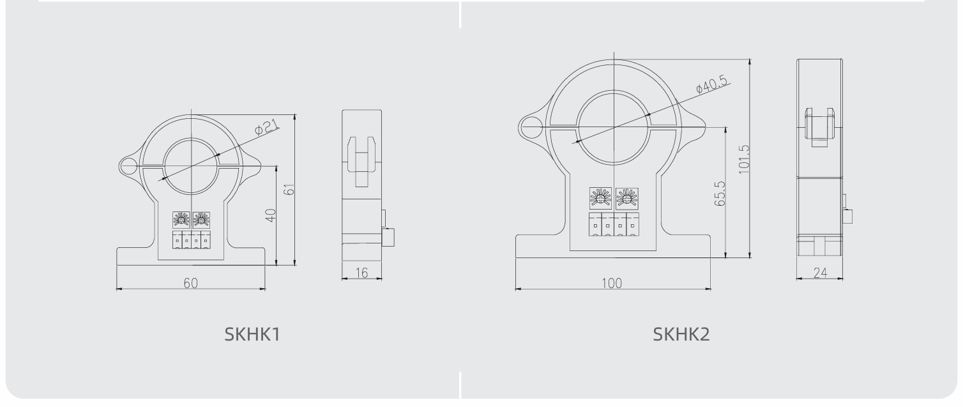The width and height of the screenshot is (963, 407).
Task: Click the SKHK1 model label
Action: [252, 334]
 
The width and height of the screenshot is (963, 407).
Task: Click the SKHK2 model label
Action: [681, 334]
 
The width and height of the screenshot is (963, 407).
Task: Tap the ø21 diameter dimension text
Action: [266, 127]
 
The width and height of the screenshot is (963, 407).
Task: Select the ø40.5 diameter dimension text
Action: [713, 84]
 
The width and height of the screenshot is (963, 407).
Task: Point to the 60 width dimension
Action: [191, 283]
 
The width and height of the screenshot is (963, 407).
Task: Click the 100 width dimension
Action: [612, 283]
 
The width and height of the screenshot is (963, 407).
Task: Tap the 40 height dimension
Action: [270, 215]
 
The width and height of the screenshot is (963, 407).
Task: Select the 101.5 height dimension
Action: [744, 159]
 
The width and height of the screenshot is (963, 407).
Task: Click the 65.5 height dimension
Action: [720, 194]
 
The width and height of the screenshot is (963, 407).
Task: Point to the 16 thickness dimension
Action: [362, 273]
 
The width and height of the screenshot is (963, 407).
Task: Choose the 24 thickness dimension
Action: [820, 273]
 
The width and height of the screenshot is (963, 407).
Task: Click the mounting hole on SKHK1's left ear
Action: [128, 167]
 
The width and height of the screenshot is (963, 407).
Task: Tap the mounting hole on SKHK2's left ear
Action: [531, 127]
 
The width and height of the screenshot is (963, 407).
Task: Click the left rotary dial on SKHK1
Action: [181, 220]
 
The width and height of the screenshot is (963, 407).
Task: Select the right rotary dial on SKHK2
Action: [627, 198]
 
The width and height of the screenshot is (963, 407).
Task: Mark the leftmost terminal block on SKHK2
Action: [595, 224]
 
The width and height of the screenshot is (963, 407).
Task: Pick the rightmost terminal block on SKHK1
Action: [206, 240]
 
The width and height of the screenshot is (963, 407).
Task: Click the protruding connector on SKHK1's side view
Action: [389, 237]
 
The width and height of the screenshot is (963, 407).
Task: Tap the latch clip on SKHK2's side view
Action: [820, 127]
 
